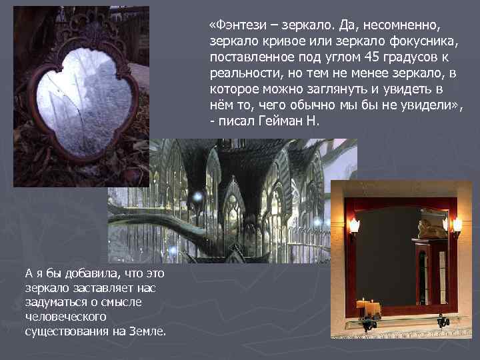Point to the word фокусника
point(408,41)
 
